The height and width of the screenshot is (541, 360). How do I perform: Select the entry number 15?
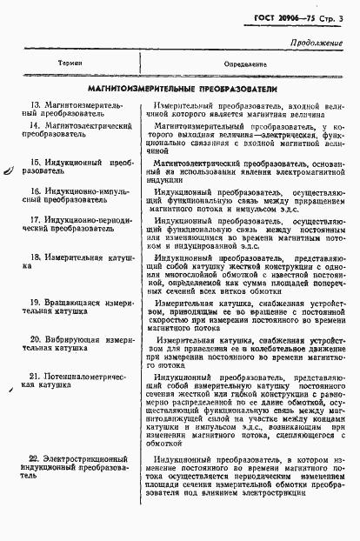point(35,162)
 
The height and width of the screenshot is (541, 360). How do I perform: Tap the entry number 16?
point(35,190)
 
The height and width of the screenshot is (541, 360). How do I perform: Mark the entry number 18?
point(35,257)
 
